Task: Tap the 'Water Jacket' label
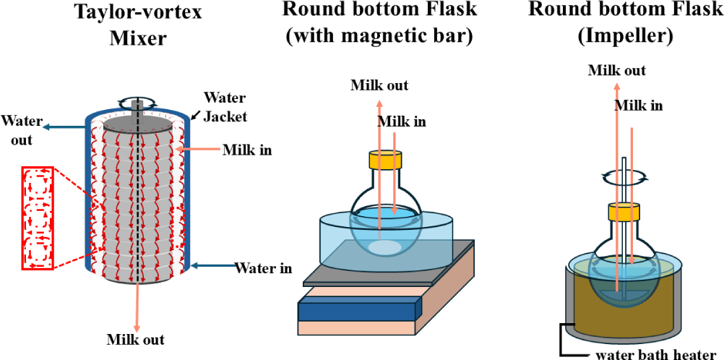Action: coord(224,106)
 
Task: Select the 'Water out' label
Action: coord(22,129)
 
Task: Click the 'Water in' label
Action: coord(264,268)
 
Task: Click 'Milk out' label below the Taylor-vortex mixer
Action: coord(135,339)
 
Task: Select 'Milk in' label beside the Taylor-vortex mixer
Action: coord(247,150)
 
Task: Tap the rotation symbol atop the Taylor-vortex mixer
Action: coord(137,103)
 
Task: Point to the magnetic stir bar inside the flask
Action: coord(384,248)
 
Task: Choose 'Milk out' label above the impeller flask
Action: coord(616,70)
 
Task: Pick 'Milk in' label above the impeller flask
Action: coord(639,106)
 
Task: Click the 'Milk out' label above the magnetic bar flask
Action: coord(379,85)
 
